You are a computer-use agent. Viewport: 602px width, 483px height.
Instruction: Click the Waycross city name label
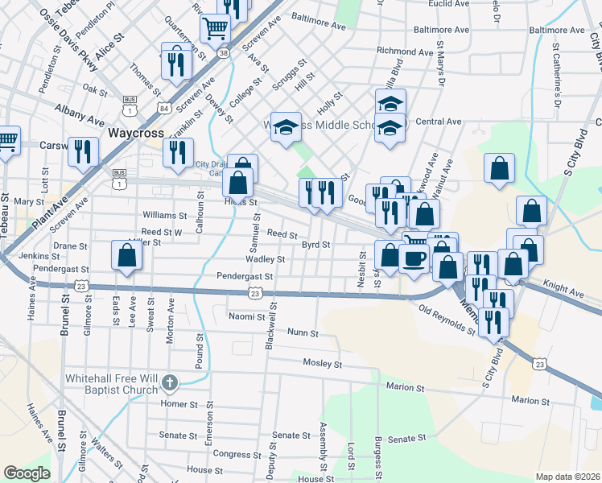point(135,132)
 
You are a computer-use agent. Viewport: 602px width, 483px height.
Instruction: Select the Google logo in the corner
point(27,473)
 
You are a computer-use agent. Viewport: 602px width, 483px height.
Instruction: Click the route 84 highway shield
point(164,108)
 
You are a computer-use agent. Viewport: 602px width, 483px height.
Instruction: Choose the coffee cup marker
point(414,259)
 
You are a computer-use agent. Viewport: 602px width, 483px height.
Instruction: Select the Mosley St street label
point(323,364)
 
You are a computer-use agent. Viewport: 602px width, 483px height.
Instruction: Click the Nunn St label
point(303,332)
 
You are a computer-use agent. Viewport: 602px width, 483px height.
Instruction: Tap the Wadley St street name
point(270,259)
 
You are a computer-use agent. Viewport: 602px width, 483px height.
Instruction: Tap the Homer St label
point(179,403)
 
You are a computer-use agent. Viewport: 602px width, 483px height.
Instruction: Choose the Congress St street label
point(233,454)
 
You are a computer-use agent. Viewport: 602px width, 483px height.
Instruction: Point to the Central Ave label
point(439,122)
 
